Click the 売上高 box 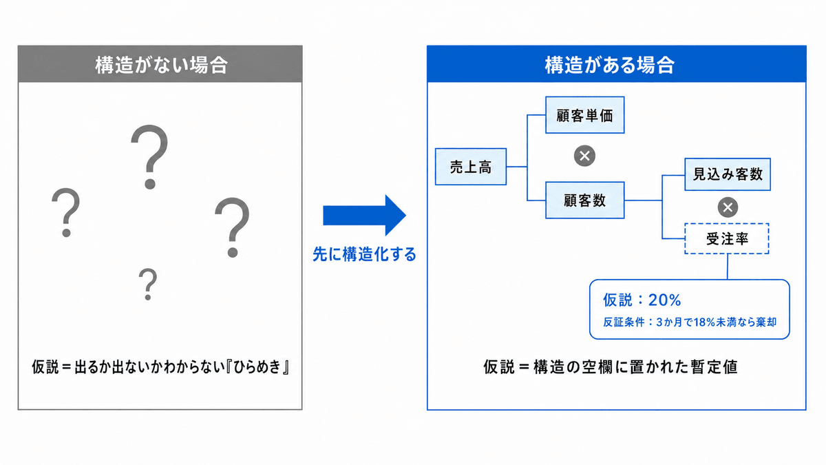click(x=471, y=167)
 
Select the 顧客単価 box click(x=585, y=115)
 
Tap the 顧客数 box click(x=585, y=200)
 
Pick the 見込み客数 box click(x=728, y=174)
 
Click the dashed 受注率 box click(x=727, y=239)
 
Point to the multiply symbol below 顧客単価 click(x=584, y=156)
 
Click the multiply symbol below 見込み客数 click(x=728, y=207)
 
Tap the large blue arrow click(x=364, y=215)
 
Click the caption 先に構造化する click(x=364, y=255)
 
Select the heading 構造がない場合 click(x=162, y=65)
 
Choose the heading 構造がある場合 click(x=610, y=65)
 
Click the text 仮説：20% click(x=642, y=300)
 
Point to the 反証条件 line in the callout click(x=690, y=322)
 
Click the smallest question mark click(x=148, y=284)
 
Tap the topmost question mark click(x=150, y=157)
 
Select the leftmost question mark click(x=66, y=213)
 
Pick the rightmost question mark click(x=233, y=227)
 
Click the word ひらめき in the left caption click(x=257, y=367)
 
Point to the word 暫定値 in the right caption click(x=714, y=367)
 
